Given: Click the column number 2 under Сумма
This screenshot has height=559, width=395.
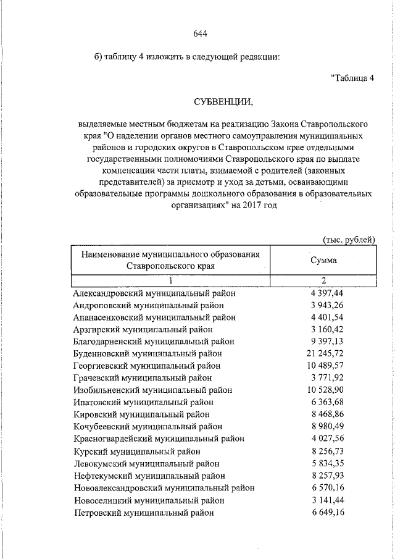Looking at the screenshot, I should [324, 280].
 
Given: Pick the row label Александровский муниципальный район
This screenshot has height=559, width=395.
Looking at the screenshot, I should [154, 293].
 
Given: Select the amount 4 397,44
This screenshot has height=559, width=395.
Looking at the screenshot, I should [326, 293].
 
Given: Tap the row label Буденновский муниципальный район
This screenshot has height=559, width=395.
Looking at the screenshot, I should [148, 353].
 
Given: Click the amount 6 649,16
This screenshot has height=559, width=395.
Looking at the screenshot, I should [326, 512].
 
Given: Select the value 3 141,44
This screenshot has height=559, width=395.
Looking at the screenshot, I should [326, 500].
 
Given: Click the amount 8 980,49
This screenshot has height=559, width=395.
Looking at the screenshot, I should [326, 426].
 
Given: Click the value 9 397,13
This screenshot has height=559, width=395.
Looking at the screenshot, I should [326, 342].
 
